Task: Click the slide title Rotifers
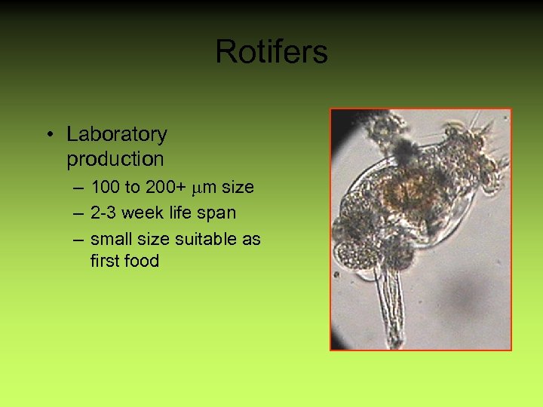[x=271, y=52]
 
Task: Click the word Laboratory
[x=117, y=135]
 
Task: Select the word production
[x=115, y=159]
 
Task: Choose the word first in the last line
[x=104, y=262]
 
